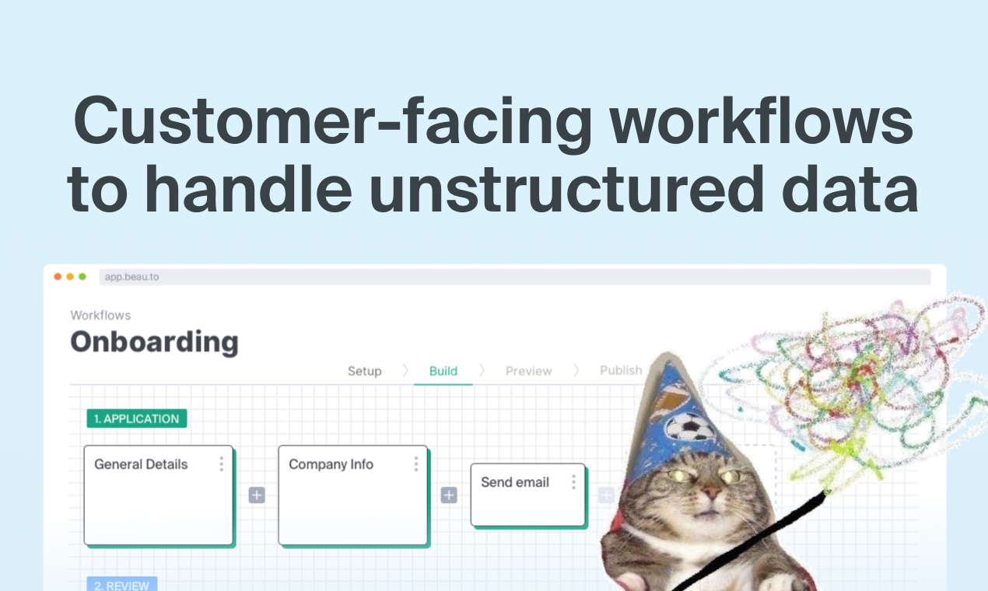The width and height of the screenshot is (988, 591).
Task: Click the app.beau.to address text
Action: pyautogui.click(x=131, y=277)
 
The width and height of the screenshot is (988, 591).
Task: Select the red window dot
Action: pyautogui.click(x=58, y=277)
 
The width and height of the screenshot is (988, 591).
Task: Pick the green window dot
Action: pyautogui.click(x=82, y=277)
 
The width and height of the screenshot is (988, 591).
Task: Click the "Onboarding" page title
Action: pyautogui.click(x=154, y=341)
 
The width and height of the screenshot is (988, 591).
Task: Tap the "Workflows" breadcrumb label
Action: pyautogui.click(x=100, y=315)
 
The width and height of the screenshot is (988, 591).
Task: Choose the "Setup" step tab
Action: pyautogui.click(x=364, y=371)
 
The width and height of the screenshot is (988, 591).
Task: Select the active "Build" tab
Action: pyautogui.click(x=443, y=371)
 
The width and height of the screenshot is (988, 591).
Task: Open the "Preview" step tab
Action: pyautogui.click(x=528, y=371)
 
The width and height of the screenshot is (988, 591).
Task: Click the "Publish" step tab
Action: pyautogui.click(x=621, y=370)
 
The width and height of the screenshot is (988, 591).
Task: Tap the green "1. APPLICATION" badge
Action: pyautogui.click(x=137, y=418)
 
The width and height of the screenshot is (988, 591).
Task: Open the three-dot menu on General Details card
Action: pyautogui.click(x=221, y=464)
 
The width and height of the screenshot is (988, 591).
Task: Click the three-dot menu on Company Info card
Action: pyautogui.click(x=415, y=464)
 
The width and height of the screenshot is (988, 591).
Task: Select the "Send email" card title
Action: pyautogui.click(x=515, y=482)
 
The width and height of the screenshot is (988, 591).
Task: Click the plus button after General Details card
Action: pyautogui.click(x=257, y=495)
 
